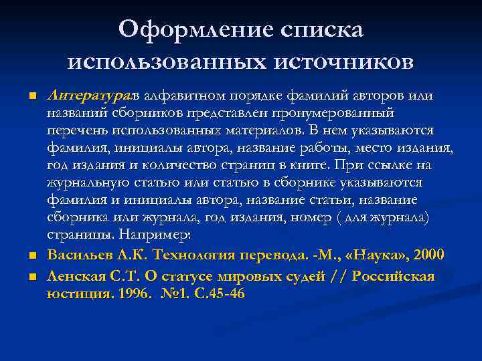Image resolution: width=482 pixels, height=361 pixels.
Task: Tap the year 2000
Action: point(428,255)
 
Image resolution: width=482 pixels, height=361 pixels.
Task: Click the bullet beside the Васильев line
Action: point(32,256)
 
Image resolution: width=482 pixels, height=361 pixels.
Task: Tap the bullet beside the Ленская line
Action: point(32,276)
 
